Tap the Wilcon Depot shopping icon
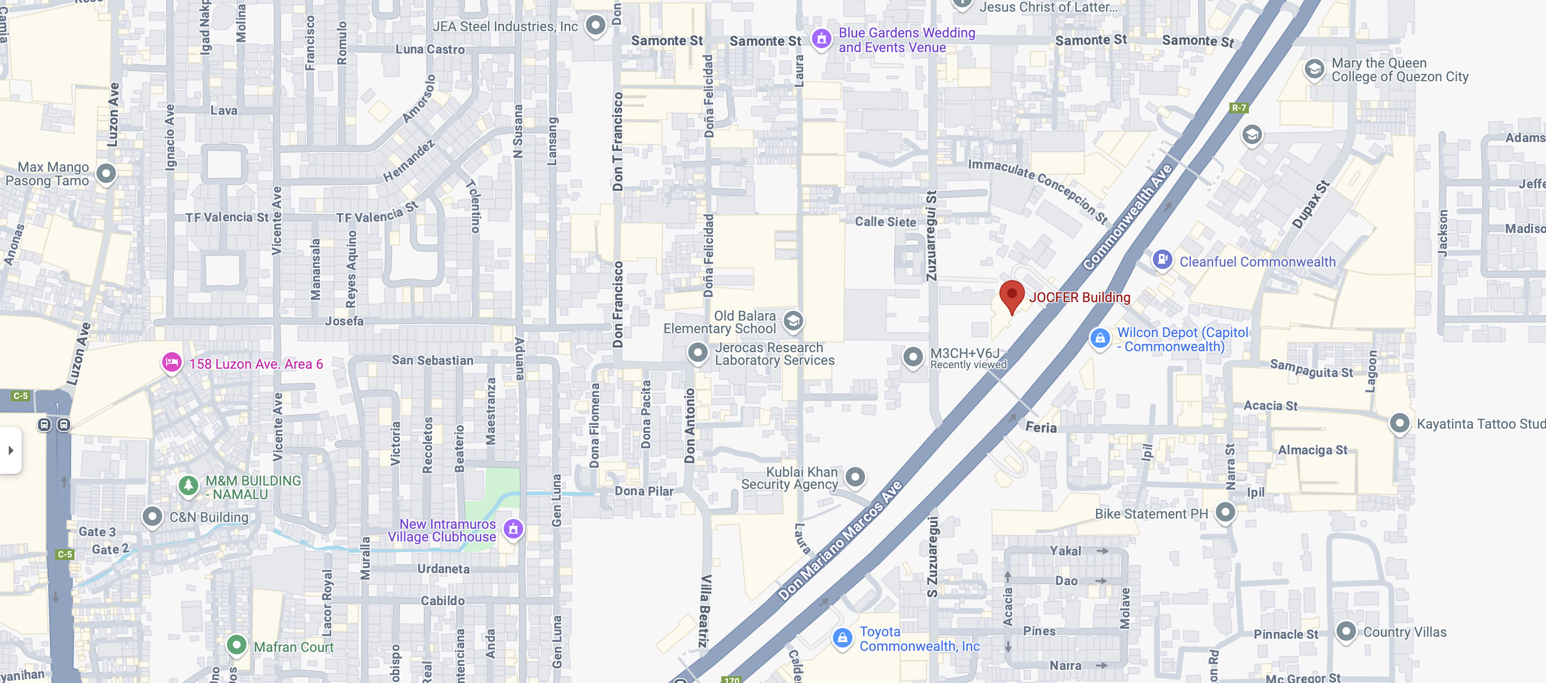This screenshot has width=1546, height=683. (1099, 338)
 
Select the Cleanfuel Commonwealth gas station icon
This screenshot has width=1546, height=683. (1162, 260)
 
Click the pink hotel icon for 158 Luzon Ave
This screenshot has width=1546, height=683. (171, 362)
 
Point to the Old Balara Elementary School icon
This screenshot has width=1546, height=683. (793, 320)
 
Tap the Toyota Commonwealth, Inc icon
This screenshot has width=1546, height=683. (842, 637)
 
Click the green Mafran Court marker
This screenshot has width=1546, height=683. (236, 645)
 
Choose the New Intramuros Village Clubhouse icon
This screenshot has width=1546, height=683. (513, 529)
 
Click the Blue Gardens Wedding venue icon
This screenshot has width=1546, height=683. (821, 38)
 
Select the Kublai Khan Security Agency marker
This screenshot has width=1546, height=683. (855, 477)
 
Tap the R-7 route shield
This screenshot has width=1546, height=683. (1239, 108)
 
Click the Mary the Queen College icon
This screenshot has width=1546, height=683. (1314, 69)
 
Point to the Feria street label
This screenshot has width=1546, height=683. (1041, 428)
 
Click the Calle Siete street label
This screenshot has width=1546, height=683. (885, 222)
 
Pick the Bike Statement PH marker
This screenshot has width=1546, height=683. (1225, 512)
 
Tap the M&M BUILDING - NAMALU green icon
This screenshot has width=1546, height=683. (189, 485)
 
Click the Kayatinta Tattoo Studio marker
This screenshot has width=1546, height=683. (1399, 423)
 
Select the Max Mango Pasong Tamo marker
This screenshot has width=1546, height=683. (106, 173)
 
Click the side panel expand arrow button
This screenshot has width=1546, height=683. (11, 449)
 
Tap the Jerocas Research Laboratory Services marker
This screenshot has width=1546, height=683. (698, 352)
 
